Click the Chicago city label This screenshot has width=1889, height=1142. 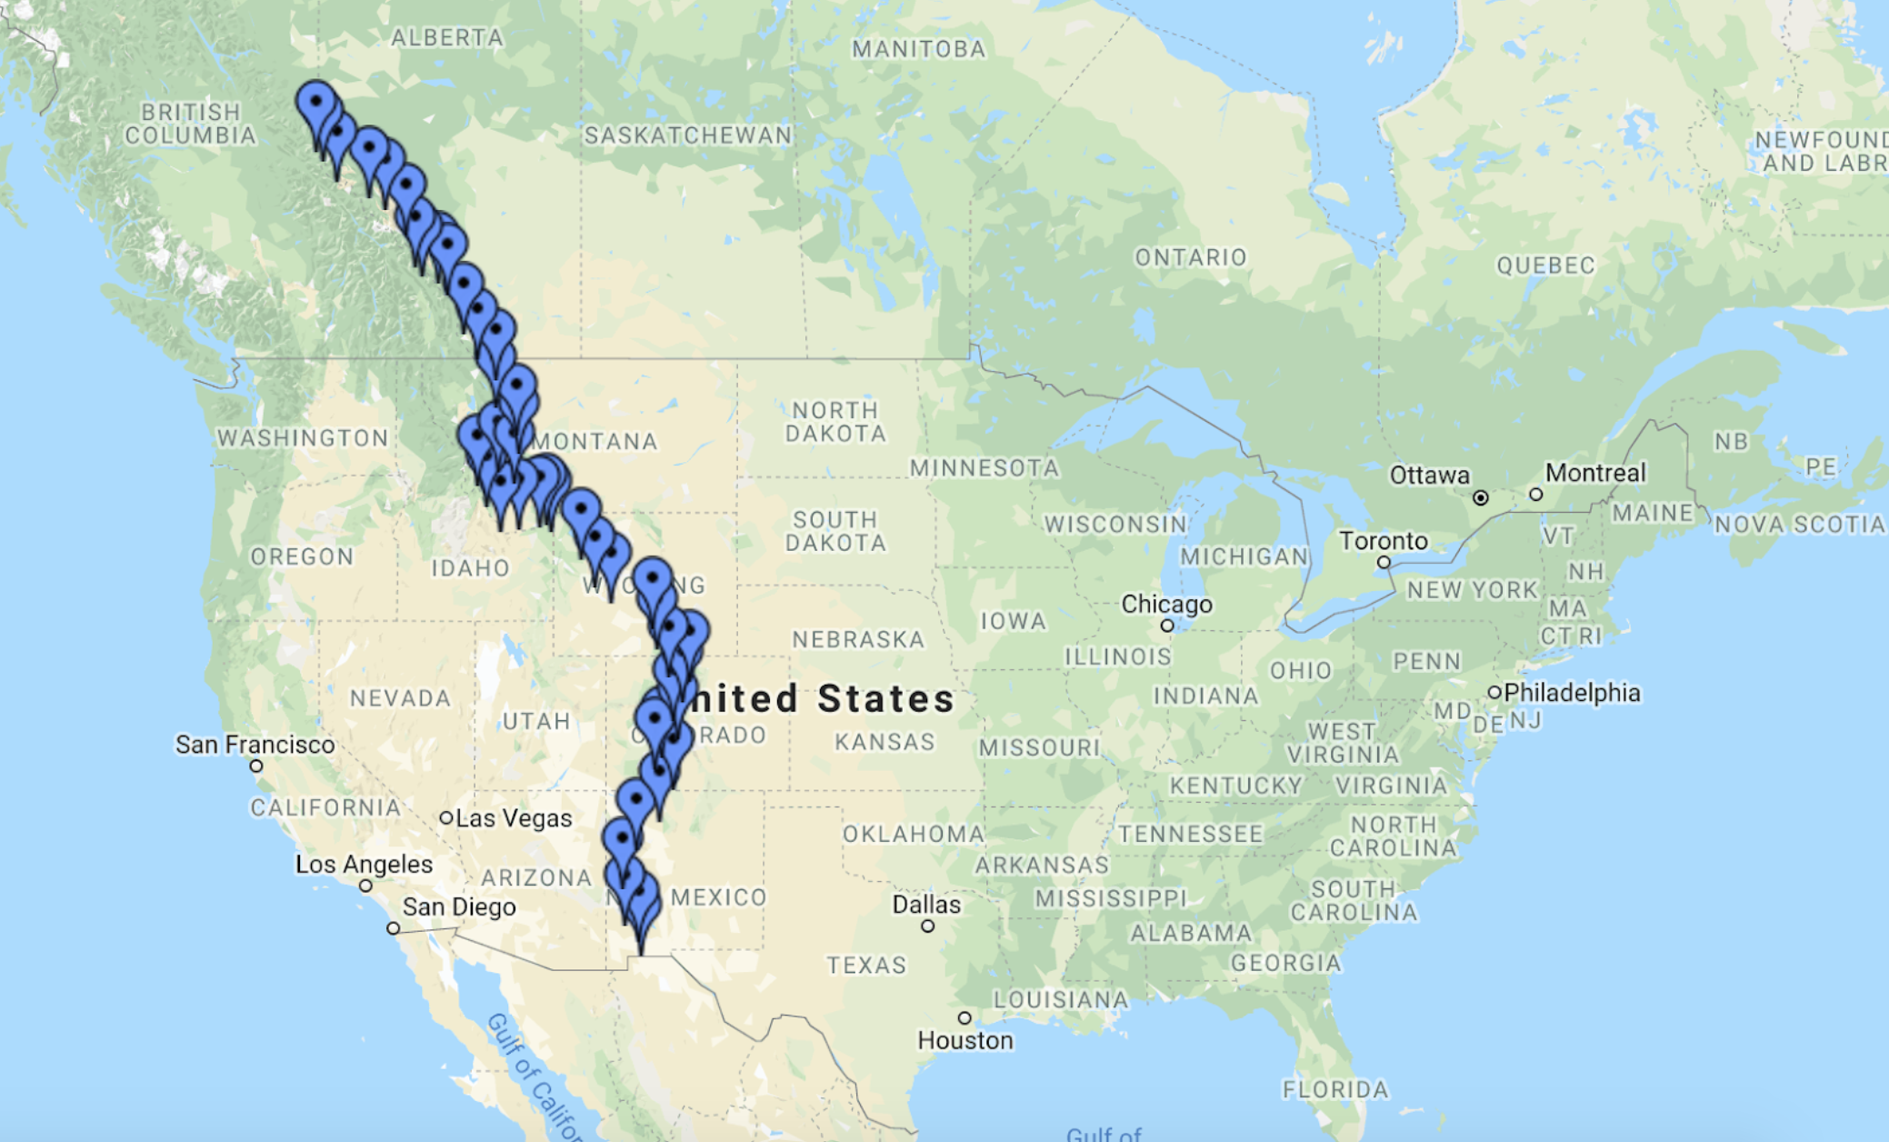coord(1166,605)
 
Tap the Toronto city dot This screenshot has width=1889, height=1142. coord(1384,563)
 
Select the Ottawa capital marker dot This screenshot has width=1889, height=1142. coord(1481,497)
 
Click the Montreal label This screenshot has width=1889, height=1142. coord(1595,473)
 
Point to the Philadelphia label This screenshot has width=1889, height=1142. coord(1572,693)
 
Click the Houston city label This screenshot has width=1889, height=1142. coord(964,1040)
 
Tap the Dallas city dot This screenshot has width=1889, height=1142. coord(927,927)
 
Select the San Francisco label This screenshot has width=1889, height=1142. coord(255,745)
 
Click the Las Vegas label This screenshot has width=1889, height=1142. coord(514,818)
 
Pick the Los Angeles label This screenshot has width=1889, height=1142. coord(364,864)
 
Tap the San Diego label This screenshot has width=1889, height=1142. coord(459,907)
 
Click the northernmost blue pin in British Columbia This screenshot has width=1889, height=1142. coord(315,103)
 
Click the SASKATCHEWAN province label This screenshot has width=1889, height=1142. coord(688,135)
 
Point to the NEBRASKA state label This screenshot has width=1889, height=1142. coord(858,639)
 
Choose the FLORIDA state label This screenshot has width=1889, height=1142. coord(1335,1089)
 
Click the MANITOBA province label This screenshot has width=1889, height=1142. coord(918,49)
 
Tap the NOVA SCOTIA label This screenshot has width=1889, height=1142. coord(1800,525)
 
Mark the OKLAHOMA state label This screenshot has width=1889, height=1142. coord(913,834)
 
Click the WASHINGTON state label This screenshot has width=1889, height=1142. coord(303,438)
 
